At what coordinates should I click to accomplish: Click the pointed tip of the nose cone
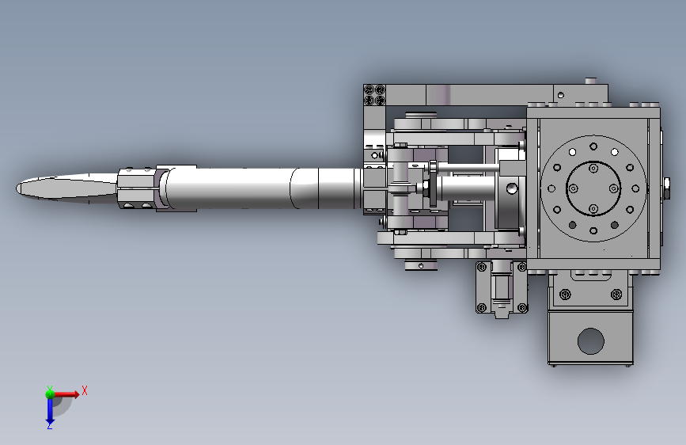17,188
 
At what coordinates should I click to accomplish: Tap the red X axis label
85,390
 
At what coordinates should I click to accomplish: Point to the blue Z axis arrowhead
50,423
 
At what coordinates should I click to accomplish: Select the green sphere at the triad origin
50,394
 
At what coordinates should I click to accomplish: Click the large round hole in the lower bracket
590,340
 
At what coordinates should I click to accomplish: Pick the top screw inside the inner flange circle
593,168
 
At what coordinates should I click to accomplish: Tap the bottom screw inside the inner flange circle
593,208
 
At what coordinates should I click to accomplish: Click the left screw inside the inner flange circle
573,188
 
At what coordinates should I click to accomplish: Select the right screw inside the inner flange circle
614,188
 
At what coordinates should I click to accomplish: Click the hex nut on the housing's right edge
666,188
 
